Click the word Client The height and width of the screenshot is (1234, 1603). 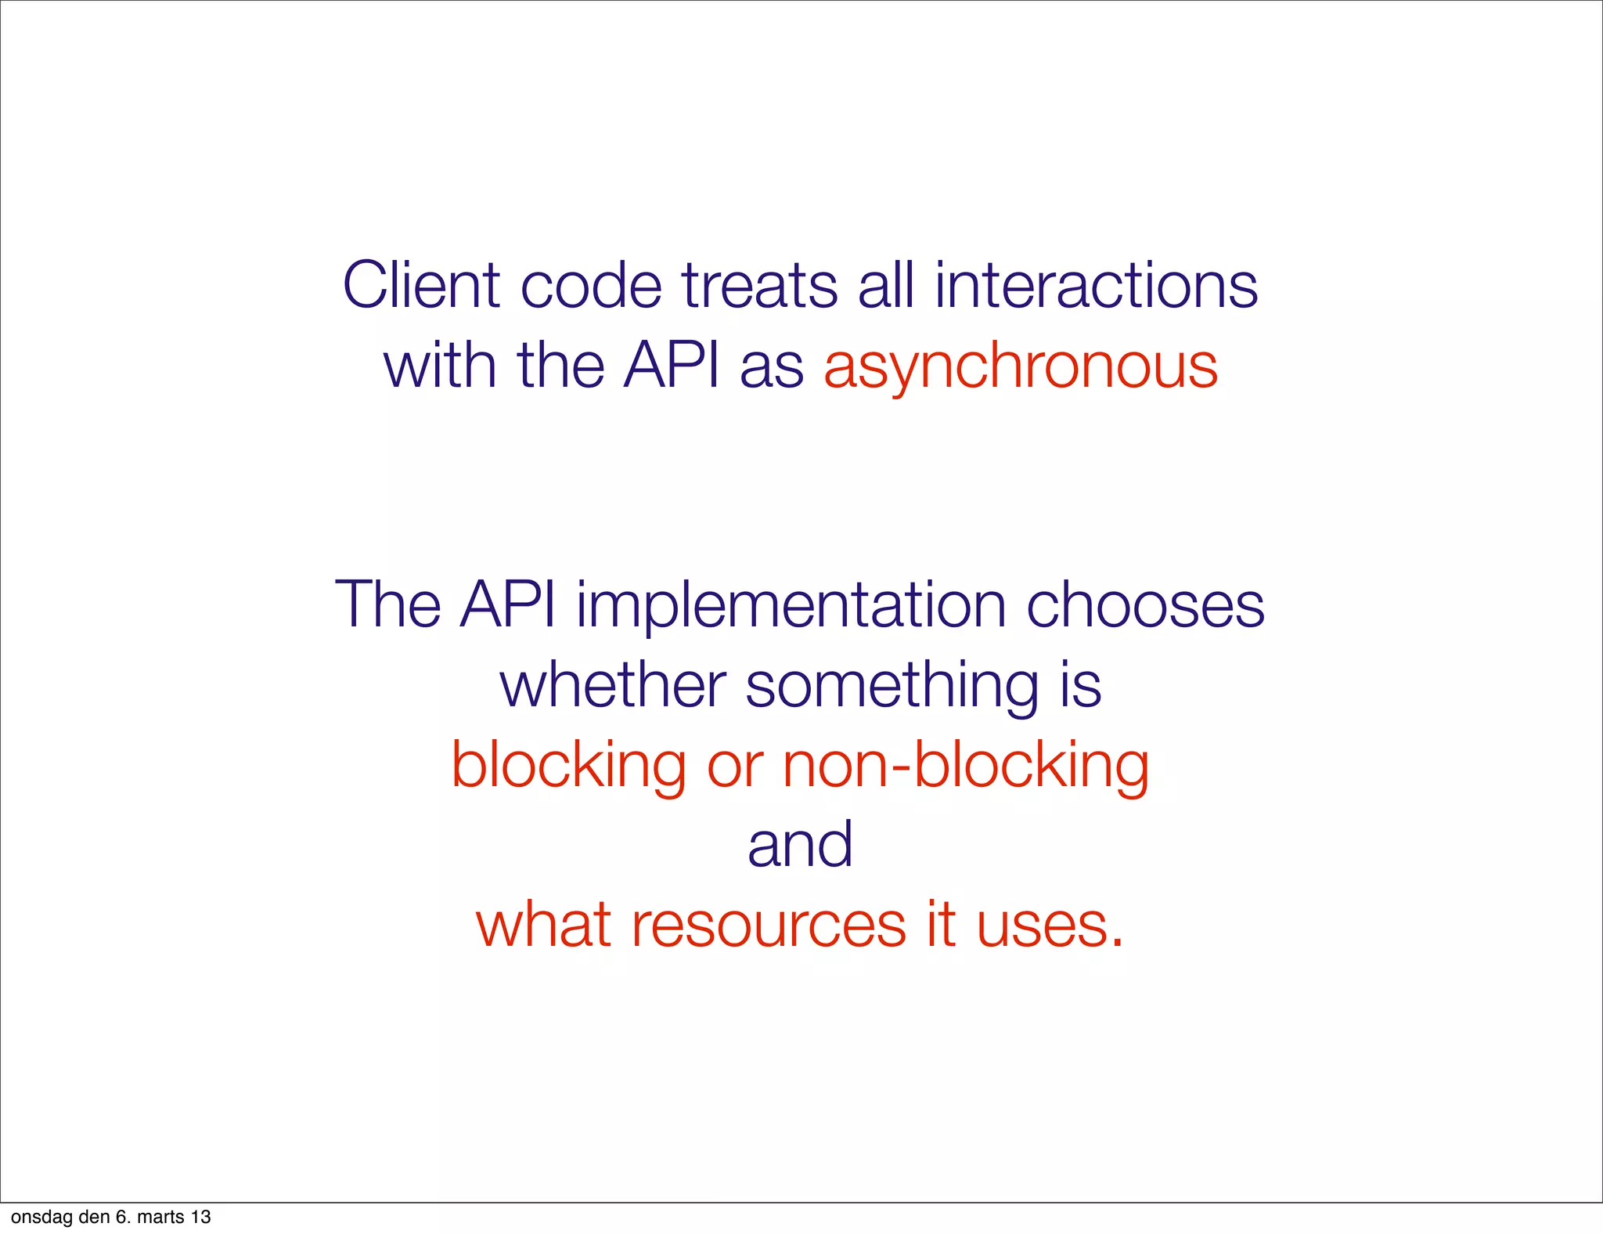[x=420, y=285]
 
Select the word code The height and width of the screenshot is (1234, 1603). [x=591, y=285]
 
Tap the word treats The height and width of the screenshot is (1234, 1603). [x=759, y=285]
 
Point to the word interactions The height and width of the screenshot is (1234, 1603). [x=1096, y=285]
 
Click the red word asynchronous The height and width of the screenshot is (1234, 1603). [x=1021, y=366]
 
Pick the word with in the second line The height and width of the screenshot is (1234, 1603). [x=440, y=366]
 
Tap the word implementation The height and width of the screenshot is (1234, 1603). [x=791, y=604]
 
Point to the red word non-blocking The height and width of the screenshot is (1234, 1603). [x=966, y=766]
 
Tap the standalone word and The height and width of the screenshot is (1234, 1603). [x=800, y=846]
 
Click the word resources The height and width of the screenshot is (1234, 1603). [x=769, y=925]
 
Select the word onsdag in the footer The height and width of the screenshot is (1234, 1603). [x=41, y=1217]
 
